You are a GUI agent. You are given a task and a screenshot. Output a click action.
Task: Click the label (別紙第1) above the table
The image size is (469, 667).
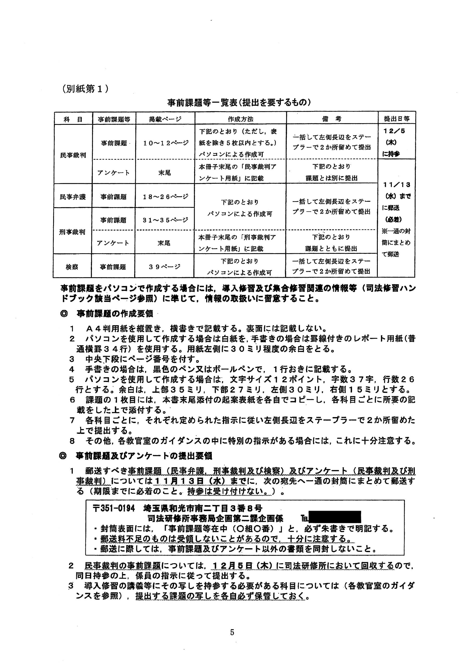[x=85, y=89]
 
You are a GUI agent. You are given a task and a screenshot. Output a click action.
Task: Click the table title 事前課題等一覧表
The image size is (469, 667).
[x=239, y=103]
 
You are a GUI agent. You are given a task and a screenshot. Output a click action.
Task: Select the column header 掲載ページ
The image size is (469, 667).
[x=165, y=119]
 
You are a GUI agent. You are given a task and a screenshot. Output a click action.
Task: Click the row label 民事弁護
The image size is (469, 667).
[x=73, y=197]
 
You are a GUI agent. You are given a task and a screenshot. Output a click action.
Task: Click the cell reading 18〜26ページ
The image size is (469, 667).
[x=165, y=197]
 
